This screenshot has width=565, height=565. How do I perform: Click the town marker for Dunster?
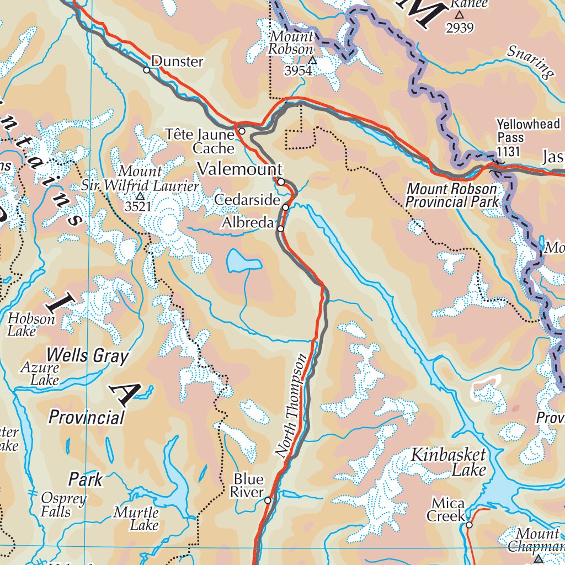[147, 70]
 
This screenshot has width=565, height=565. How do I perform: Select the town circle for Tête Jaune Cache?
[242, 131]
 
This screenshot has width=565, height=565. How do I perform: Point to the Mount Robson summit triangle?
[313, 60]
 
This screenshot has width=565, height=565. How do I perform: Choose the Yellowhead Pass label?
[528, 131]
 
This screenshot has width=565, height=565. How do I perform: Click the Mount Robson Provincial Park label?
[451, 195]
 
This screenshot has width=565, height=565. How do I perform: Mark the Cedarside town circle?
[286, 207]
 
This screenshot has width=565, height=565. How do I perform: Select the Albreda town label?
[248, 223]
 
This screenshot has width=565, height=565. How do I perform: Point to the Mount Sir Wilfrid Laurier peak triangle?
[140, 196]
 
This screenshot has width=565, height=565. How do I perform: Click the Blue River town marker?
[268, 500]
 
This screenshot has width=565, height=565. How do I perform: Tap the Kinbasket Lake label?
[449, 462]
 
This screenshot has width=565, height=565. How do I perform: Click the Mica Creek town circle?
[469, 525]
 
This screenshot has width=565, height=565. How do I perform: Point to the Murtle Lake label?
[136, 519]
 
